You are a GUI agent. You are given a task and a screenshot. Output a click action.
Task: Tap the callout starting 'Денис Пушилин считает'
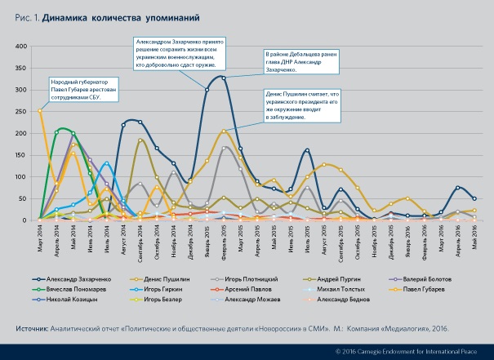pos(301,105)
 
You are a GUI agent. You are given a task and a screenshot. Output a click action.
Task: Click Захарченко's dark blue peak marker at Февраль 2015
pos(224,78)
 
